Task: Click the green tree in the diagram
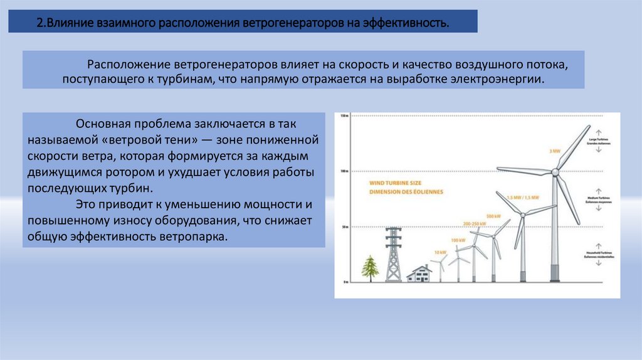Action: click(371, 268)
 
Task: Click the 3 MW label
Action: click(554, 151)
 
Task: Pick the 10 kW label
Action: click(440, 252)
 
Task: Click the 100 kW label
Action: click(459, 240)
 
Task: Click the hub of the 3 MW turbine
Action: click(555, 171)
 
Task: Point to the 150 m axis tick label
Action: click(344, 117)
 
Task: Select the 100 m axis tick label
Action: click(344, 171)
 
